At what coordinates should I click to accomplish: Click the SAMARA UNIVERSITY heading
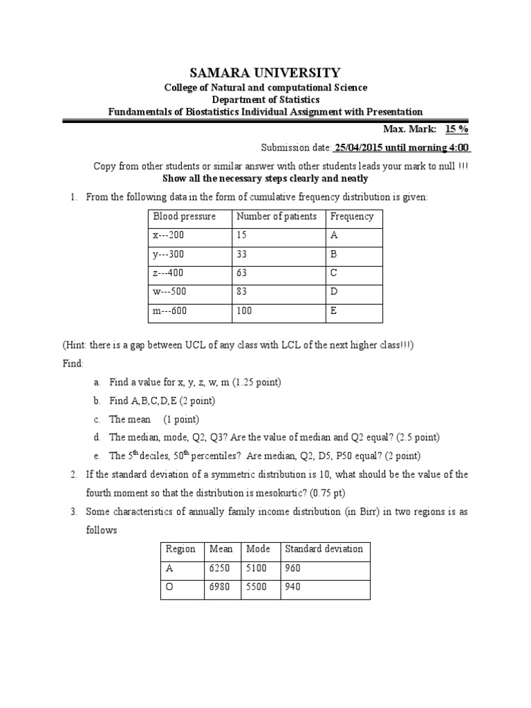pyautogui.click(x=265, y=73)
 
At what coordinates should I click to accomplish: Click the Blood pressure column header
pyautogui.click(x=185, y=216)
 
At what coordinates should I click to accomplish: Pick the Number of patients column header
pyautogui.click(x=277, y=216)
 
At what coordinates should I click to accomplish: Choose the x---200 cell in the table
pyautogui.click(x=169, y=235)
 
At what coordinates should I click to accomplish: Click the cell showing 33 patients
pyautogui.click(x=243, y=254)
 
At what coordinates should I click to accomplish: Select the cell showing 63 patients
pyautogui.click(x=243, y=273)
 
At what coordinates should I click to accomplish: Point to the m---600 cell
pyautogui.click(x=170, y=311)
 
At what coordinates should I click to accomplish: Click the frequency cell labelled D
pyautogui.click(x=334, y=292)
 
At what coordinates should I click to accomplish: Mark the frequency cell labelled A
pyautogui.click(x=334, y=235)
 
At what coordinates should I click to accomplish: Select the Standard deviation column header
pyautogui.click(x=324, y=549)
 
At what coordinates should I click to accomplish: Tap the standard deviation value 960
pyautogui.click(x=293, y=568)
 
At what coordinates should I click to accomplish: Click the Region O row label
pyautogui.click(x=170, y=588)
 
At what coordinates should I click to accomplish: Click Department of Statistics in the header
pyautogui.click(x=265, y=100)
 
